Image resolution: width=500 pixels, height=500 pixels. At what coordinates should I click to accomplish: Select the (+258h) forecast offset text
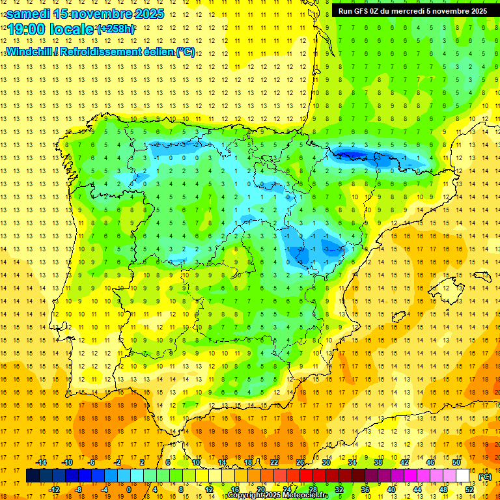pyautogui.click(x=116, y=29)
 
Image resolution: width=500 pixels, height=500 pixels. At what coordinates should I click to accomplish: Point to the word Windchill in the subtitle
pyautogui.click(x=29, y=51)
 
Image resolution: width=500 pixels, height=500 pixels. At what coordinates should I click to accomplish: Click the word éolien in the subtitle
pyautogui.click(x=154, y=51)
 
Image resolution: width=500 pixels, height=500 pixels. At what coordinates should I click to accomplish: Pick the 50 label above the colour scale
pyautogui.click(x=456, y=462)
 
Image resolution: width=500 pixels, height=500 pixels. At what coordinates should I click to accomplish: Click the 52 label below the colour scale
pyautogui.click(x=469, y=490)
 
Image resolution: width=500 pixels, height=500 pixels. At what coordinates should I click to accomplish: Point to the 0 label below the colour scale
pyautogui.click(x=129, y=490)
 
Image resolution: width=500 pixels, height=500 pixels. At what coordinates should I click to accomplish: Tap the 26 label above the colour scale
pyautogui.click(x=300, y=462)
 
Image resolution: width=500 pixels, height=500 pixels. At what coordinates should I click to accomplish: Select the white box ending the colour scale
pyautogui.click(x=463, y=476)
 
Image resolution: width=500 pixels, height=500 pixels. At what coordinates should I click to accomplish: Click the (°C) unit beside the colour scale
pyautogui.click(x=484, y=476)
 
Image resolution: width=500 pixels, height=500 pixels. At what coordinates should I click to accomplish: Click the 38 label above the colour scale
pyautogui.click(x=378, y=462)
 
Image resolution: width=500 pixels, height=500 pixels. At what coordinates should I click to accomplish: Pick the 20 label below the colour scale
pyautogui.click(x=261, y=490)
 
